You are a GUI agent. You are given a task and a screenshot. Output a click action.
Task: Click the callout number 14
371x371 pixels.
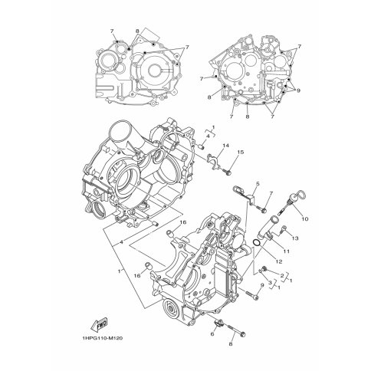pos(225,146)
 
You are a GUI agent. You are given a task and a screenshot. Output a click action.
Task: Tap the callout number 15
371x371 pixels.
pos(241,153)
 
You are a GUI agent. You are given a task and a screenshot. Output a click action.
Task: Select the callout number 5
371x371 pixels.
pos(258,183)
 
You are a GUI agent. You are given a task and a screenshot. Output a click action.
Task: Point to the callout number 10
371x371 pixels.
pos(305,218)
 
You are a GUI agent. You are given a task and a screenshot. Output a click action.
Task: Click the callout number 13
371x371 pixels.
pos(295,238)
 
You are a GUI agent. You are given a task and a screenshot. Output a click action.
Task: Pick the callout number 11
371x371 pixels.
pos(287,251)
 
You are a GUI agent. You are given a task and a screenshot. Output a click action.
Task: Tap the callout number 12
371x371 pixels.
pos(279,261)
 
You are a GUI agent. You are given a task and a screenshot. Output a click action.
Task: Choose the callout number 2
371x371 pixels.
pos(282,275)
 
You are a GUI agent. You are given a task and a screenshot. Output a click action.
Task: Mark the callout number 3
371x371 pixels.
pos(270,282)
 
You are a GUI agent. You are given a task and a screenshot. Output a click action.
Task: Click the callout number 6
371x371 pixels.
pos(212,334)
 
